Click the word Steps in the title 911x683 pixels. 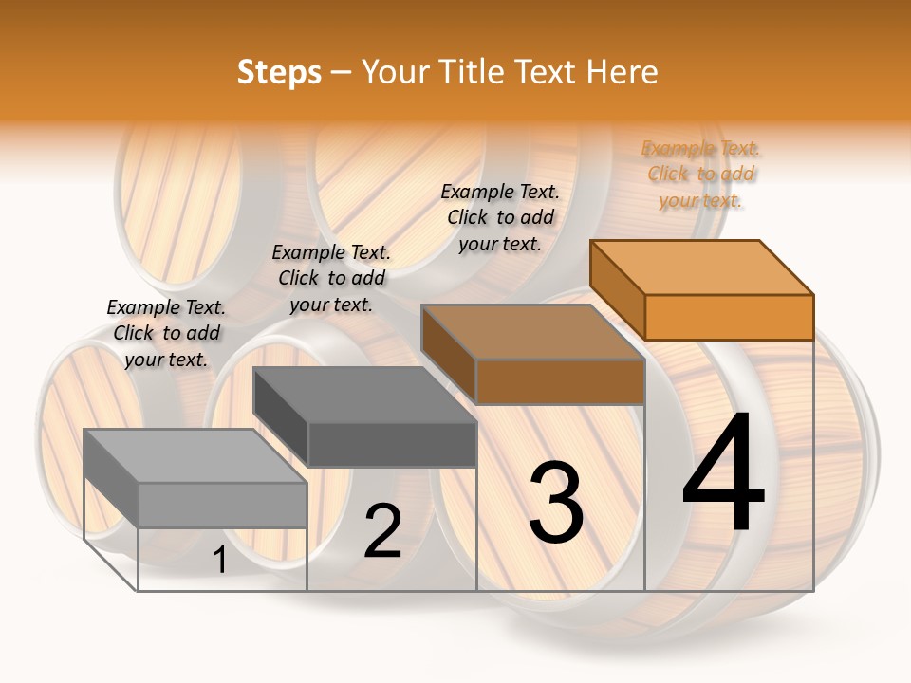pyautogui.click(x=279, y=72)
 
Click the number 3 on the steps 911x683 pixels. pyautogui.click(x=555, y=502)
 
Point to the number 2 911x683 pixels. pyautogui.click(x=382, y=531)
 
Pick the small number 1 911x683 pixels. pyautogui.click(x=219, y=561)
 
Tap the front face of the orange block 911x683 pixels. pyautogui.click(x=729, y=317)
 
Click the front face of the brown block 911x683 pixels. pyautogui.click(x=560, y=381)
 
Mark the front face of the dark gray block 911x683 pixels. pyautogui.click(x=391, y=444)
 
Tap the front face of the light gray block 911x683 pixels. pyautogui.click(x=222, y=505)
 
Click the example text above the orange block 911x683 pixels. pyautogui.click(x=701, y=174)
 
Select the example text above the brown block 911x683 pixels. pyautogui.click(x=500, y=217)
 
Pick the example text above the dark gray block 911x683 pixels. pyautogui.click(x=331, y=278)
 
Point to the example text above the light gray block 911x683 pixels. pyautogui.click(x=166, y=333)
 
